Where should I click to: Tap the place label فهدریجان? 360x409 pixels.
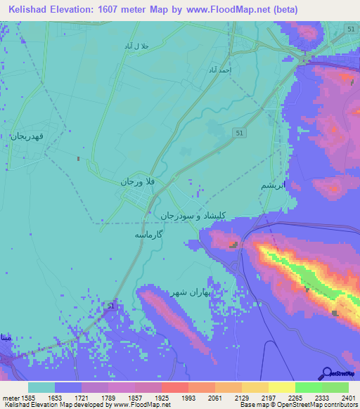27,136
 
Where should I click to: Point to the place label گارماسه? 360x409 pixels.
149,235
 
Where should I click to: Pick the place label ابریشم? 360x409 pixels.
274,185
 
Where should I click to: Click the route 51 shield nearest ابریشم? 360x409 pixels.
240,133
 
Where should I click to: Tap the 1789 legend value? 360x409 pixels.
108,398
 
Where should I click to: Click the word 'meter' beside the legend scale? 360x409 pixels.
8,398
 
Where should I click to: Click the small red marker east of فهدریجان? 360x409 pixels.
79,159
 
